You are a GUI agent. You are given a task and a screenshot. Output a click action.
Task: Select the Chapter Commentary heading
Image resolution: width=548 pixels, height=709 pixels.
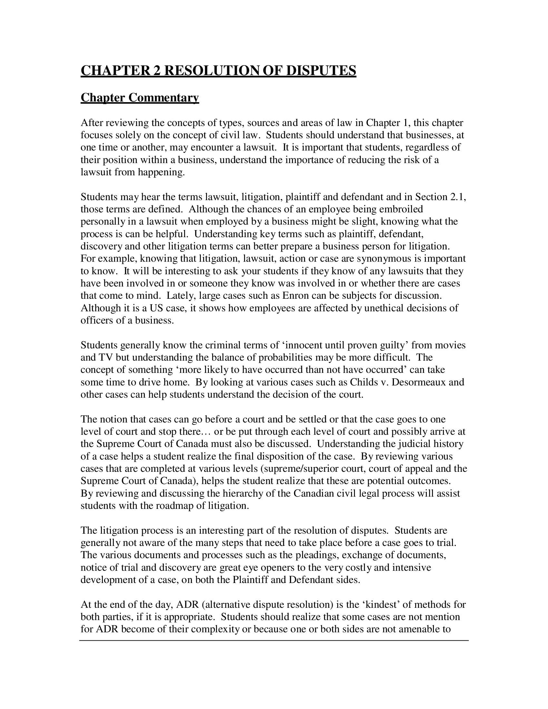click(140, 97)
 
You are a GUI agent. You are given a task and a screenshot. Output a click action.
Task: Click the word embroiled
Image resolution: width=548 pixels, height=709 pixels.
click(401, 209)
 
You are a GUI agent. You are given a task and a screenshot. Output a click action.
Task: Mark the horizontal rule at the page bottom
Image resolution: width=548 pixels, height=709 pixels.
click(274, 640)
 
